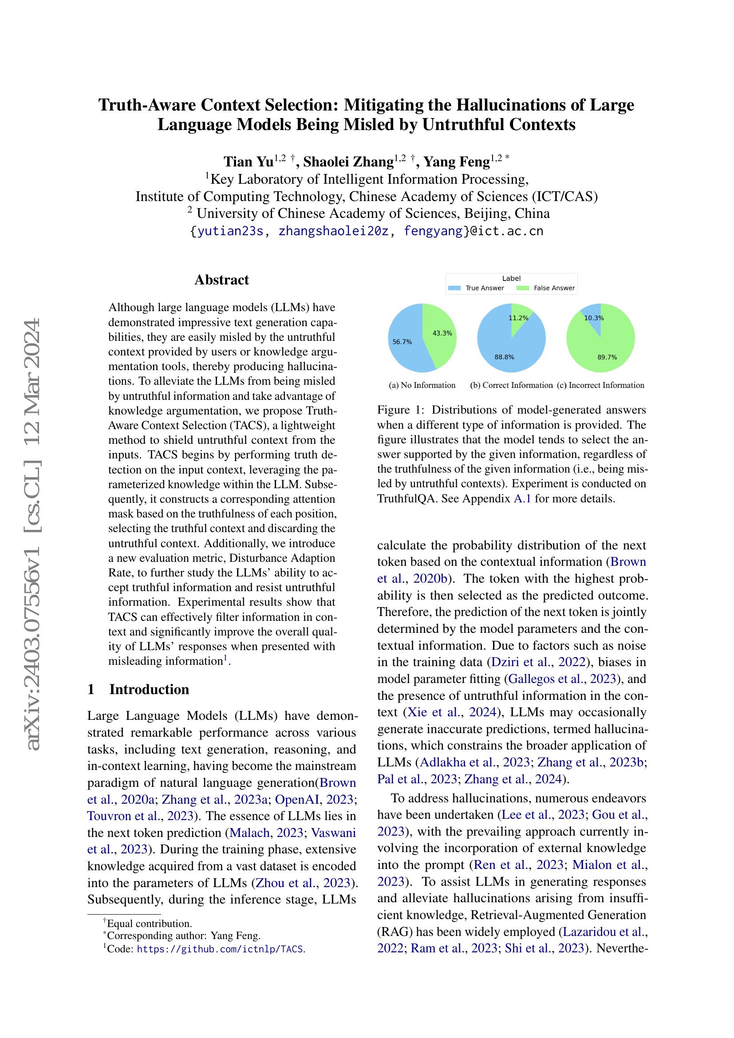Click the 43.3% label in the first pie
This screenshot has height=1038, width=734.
tap(442, 333)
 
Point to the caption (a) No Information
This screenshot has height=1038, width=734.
tap(422, 385)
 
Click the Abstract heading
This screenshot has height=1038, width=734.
tap(221, 280)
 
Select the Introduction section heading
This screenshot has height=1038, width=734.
tap(149, 690)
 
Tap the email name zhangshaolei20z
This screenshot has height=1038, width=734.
tap(333, 231)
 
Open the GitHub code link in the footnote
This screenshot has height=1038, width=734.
tap(221, 949)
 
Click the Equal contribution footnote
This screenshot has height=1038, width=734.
tap(149, 924)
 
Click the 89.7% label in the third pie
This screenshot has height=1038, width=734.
tap(607, 357)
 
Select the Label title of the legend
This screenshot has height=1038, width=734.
tap(511, 279)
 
